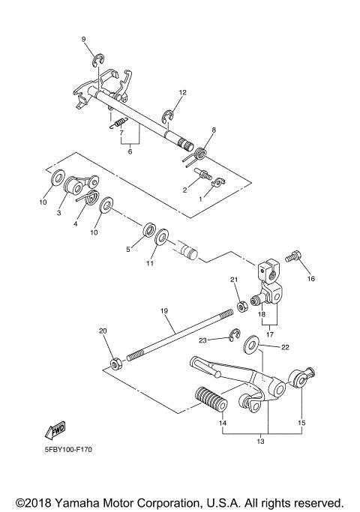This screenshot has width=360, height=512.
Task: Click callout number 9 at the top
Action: (x=83, y=39)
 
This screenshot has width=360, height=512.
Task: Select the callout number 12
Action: (x=181, y=92)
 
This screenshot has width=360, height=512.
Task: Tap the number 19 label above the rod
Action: (x=163, y=310)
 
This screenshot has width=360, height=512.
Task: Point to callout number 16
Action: (x=310, y=279)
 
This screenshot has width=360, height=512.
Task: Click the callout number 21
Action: (x=233, y=280)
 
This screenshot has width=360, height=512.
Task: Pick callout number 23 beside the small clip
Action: (x=202, y=340)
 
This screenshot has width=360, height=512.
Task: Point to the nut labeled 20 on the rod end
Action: (x=116, y=364)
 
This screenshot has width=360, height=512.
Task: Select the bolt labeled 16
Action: (x=293, y=259)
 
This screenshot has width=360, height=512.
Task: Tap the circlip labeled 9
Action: (x=97, y=61)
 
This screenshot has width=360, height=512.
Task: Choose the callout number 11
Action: (x=150, y=264)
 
